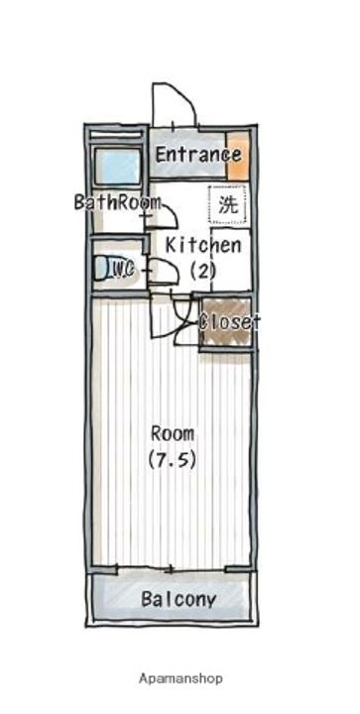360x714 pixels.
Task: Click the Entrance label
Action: pos(197,156)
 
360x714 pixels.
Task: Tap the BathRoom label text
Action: pos(117,203)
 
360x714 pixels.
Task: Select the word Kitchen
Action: pos(202,245)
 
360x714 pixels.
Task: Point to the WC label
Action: pos(121,268)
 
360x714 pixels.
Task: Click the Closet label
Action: pos(230,322)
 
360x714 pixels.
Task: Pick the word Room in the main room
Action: pos(173,433)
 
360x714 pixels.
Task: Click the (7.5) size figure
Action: pos(173,459)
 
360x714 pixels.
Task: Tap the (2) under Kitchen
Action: pos(202,270)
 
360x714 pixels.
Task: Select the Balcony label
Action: pos(179,600)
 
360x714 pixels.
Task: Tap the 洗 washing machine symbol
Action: pos(228,207)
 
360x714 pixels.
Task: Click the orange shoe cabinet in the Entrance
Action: pos(238,155)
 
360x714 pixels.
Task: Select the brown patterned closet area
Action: pos(226,323)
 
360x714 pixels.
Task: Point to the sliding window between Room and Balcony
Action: pos(173,569)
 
